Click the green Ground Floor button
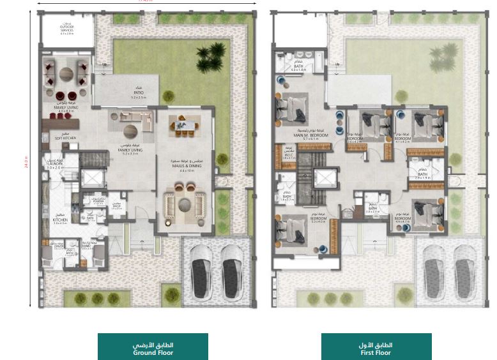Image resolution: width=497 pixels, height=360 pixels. [x=153, y=349]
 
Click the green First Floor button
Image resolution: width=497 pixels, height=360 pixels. [x=376, y=349]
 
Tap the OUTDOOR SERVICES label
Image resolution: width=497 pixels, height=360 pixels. [x=68, y=29]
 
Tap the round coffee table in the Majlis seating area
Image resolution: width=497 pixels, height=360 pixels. [x=185, y=203]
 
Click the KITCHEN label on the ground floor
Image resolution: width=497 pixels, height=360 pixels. [x=60, y=221]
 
